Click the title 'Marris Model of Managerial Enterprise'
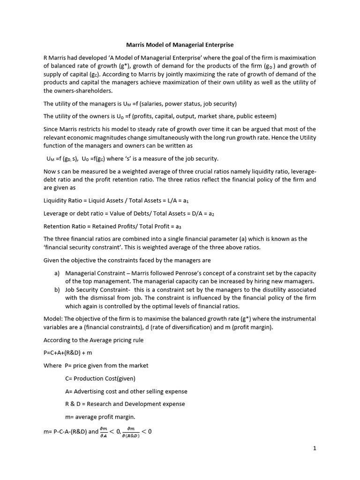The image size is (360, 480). [x=180, y=45]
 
